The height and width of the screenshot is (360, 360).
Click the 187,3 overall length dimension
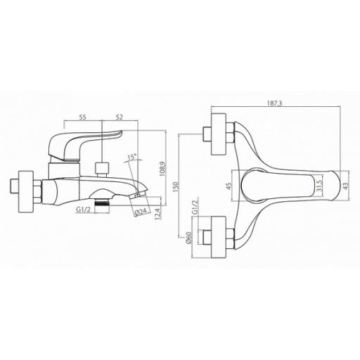[275, 103]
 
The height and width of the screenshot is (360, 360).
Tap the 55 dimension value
[82, 117]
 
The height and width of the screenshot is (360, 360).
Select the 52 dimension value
[120, 117]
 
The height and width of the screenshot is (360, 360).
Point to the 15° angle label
[132, 157]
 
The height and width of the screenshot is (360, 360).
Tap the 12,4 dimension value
[158, 214]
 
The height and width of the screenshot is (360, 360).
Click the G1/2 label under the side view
[83, 210]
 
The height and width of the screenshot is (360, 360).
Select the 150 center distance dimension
[176, 187]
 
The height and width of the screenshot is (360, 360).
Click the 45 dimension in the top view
[229, 186]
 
